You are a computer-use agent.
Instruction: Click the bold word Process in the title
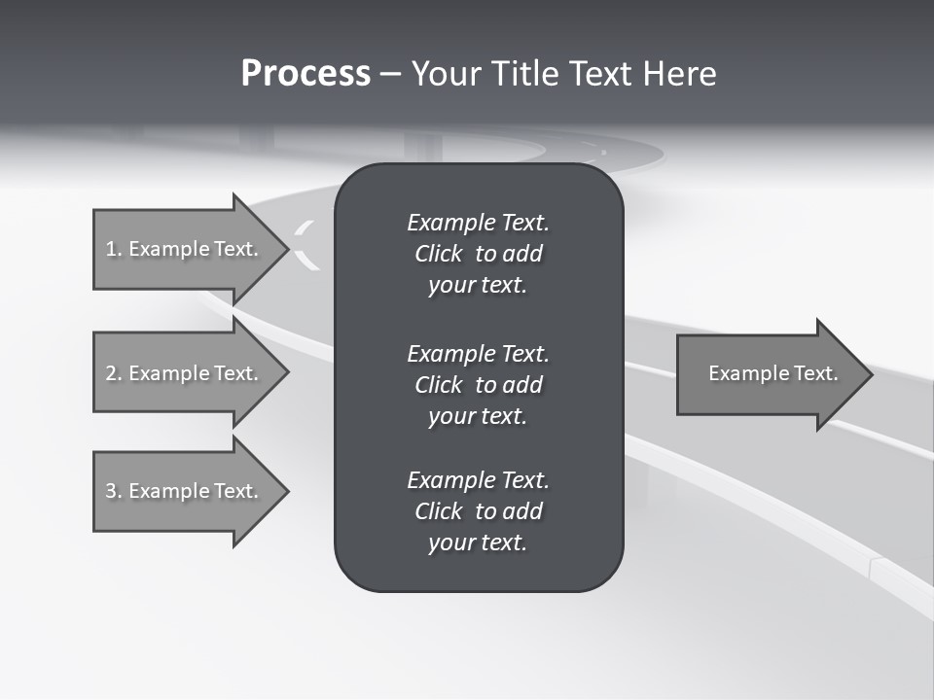[305, 74]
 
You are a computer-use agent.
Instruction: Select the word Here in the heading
[679, 74]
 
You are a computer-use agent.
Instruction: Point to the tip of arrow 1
[285, 249]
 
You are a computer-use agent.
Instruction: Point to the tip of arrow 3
[285, 491]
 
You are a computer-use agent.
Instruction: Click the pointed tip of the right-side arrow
[869, 374]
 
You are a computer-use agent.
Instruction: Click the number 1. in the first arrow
[113, 249]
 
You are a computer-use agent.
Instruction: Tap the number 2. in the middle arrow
[113, 373]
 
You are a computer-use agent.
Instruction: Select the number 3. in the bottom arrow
[113, 491]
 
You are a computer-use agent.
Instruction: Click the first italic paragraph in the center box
[478, 254]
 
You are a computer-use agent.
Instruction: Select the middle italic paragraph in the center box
[478, 384]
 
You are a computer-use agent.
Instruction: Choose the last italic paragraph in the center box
[478, 511]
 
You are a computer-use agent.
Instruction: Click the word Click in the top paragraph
[438, 254]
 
